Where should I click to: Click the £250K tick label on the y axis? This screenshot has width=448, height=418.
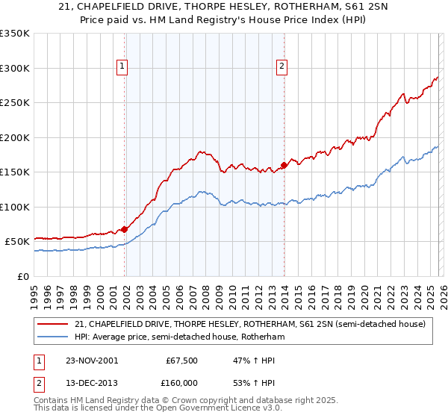point(15,103)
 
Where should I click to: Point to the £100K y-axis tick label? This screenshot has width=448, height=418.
point(15,207)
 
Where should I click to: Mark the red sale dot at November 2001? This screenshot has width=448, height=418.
point(125,230)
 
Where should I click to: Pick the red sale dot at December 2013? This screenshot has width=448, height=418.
point(284,166)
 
